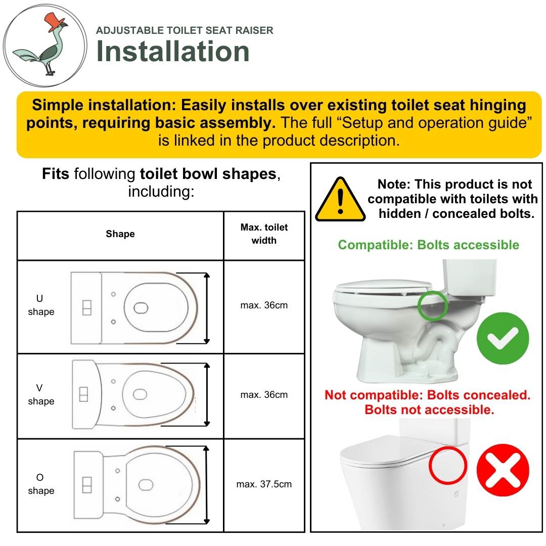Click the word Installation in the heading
click(x=173, y=51)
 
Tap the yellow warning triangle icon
click(x=340, y=200)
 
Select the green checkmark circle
click(x=503, y=338)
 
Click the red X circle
click(x=503, y=470)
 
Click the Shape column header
click(x=120, y=234)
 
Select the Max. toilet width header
click(x=264, y=234)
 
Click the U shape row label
click(x=41, y=305)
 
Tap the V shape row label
click(x=41, y=394)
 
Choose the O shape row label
click(x=41, y=484)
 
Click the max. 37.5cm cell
click(x=264, y=484)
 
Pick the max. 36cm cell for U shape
click(x=264, y=305)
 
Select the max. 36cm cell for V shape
click(x=264, y=394)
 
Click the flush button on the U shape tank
click(x=87, y=308)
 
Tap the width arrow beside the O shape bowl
click(x=206, y=485)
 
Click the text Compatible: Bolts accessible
click(x=428, y=245)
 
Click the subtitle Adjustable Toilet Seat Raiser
click(x=185, y=30)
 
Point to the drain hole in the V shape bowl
click(x=140, y=394)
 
